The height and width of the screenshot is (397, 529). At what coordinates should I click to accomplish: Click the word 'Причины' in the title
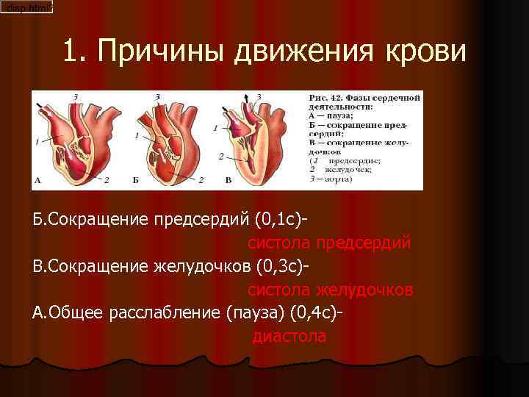click(161, 51)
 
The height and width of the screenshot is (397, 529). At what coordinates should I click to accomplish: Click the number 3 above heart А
click(76, 96)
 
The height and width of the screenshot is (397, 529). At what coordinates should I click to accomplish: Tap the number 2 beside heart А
click(107, 179)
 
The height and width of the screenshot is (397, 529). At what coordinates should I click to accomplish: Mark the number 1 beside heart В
click(215, 128)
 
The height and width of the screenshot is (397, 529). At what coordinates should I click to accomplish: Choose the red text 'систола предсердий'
click(328, 243)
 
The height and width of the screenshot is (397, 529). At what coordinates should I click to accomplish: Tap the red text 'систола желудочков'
click(330, 290)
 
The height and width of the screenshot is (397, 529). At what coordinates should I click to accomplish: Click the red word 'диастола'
click(289, 337)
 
